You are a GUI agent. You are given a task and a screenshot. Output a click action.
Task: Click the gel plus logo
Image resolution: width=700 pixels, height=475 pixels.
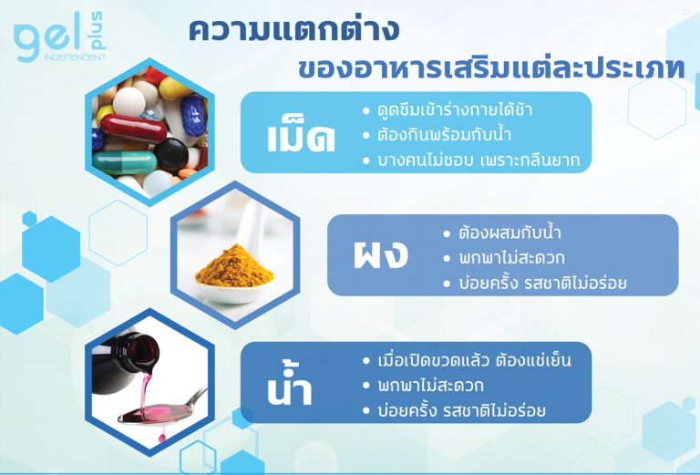(x=60, y=37)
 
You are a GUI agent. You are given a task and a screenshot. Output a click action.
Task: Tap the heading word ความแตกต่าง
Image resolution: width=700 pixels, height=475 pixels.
(x=293, y=30)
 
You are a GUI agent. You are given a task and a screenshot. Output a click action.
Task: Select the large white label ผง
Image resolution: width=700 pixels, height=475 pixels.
(x=380, y=254)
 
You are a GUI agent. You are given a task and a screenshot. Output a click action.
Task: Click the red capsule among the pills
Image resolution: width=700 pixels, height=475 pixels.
(x=133, y=129)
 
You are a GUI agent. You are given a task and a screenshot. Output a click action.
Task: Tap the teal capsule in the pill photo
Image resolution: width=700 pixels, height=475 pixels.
(x=125, y=162)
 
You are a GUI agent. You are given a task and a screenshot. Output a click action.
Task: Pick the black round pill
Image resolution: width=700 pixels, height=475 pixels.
(x=171, y=155)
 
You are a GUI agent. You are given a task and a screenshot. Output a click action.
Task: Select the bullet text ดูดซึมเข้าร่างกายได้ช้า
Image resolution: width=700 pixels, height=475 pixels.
(x=455, y=109)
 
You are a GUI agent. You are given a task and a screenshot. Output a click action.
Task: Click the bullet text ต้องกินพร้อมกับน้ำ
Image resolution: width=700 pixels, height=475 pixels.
(x=444, y=134)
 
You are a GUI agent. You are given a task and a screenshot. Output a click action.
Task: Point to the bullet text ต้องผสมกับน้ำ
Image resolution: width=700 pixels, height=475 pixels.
(x=510, y=232)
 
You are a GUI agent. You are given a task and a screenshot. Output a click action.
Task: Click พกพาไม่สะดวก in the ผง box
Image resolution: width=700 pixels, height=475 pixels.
(x=511, y=258)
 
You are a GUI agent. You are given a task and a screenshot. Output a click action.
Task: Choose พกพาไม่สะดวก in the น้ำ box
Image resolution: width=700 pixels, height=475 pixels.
(x=430, y=386)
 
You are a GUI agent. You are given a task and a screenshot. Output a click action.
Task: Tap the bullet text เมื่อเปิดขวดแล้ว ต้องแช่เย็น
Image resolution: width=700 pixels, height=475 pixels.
(x=474, y=360)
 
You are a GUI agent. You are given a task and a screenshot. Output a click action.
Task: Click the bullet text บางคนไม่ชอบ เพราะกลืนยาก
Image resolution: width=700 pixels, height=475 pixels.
(x=479, y=160)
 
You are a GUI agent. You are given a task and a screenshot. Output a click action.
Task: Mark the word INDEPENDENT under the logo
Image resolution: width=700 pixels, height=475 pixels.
(x=75, y=57)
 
